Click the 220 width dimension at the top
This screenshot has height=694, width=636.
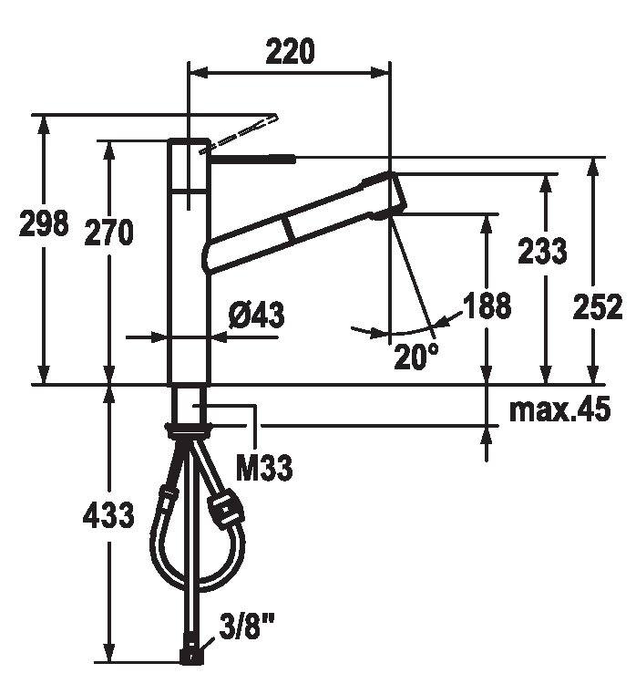pos(290,51)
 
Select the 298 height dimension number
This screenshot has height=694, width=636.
pos(44,223)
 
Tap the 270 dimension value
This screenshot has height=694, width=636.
pos(108,232)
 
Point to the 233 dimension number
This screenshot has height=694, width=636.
pos(542,251)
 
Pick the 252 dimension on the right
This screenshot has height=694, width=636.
pos(598,306)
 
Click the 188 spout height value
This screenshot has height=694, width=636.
pos(487,305)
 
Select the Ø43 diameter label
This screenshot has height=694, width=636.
pos(257,316)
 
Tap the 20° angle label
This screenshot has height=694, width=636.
pos(416,357)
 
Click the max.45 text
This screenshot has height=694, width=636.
pos(560,409)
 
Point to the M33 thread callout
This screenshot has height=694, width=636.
pos(264,468)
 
